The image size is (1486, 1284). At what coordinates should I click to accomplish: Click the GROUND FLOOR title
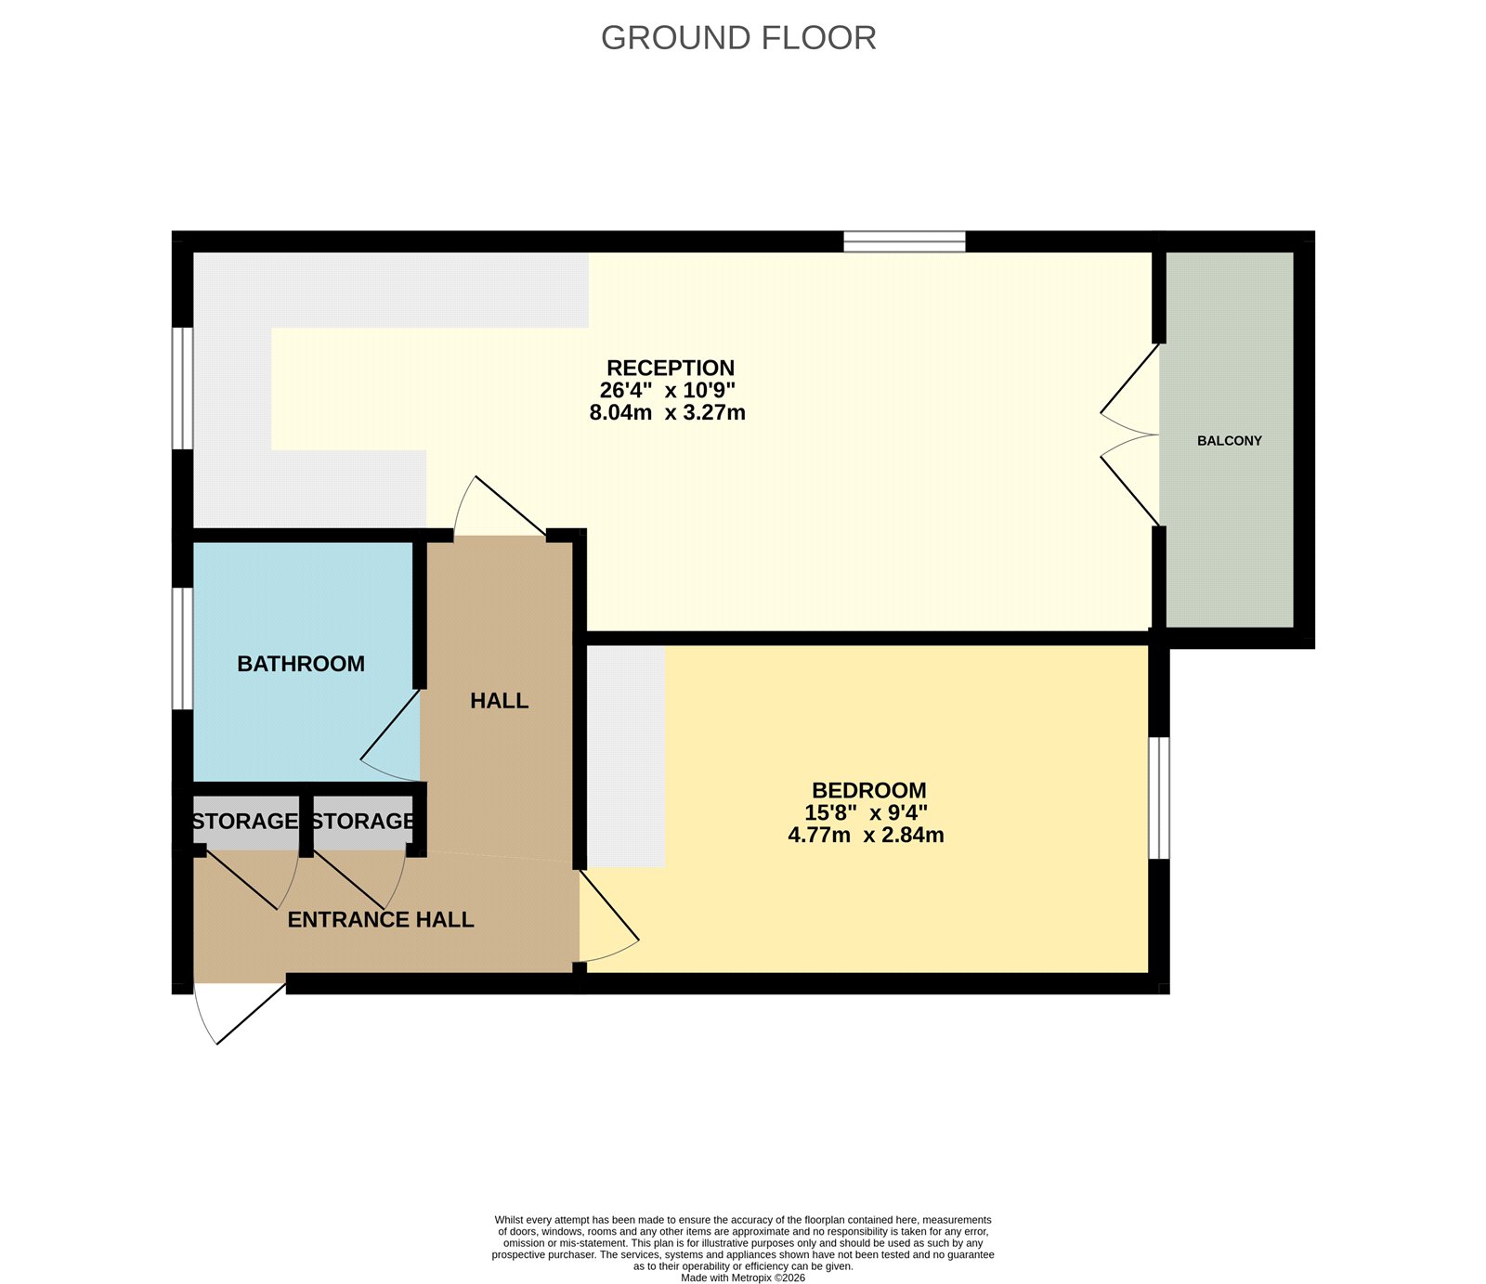[738, 38]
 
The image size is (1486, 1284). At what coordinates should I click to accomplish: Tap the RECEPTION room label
[670, 368]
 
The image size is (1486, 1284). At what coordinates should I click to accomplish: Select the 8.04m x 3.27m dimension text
[667, 412]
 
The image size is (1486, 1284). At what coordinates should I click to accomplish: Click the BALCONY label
[1229, 441]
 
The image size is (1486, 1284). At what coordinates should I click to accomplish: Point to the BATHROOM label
[301, 664]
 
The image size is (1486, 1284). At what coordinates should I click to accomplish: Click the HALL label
[499, 701]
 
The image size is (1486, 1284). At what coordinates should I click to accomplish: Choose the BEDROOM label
[868, 790]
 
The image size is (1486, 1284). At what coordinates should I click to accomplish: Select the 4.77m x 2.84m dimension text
[866, 835]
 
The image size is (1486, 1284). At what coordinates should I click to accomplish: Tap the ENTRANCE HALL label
[381, 919]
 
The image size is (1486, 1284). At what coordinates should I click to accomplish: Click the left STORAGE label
[245, 821]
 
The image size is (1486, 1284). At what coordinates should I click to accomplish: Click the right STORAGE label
[362, 821]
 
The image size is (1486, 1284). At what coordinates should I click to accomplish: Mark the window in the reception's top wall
[904, 242]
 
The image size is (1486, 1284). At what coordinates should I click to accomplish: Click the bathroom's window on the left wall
[182, 648]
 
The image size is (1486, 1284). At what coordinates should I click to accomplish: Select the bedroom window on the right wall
[1159, 798]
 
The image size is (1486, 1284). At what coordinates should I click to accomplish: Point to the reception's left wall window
[182, 388]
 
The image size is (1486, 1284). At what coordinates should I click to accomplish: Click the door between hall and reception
[492, 509]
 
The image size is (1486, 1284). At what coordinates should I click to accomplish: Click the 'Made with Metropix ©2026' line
[743, 1278]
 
